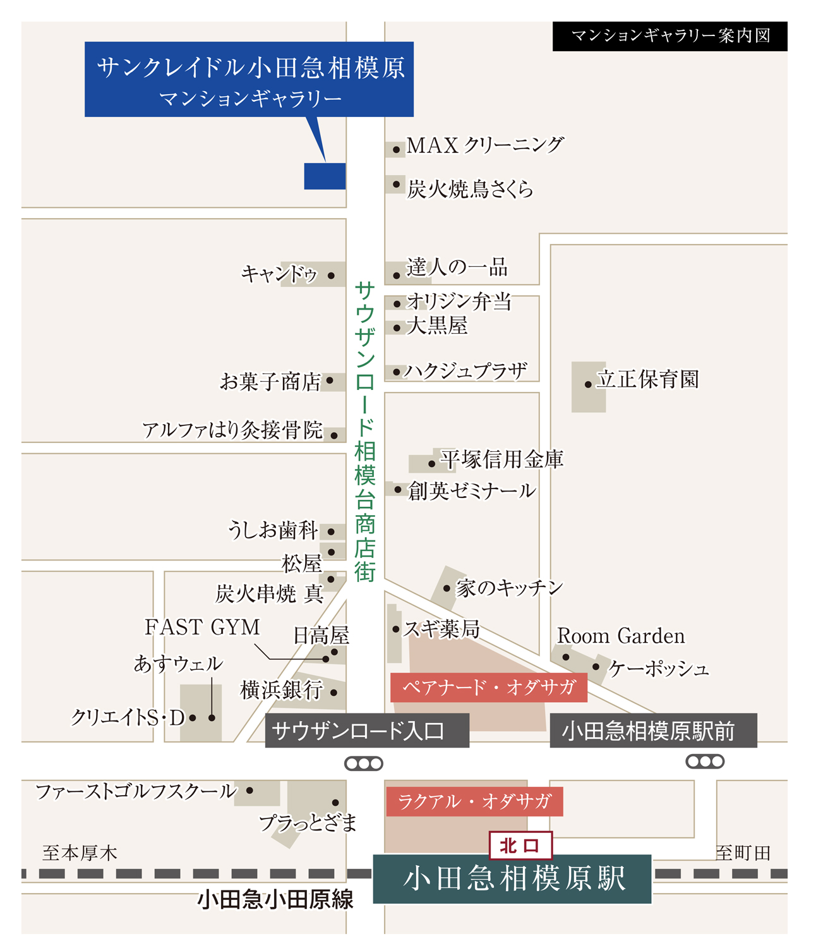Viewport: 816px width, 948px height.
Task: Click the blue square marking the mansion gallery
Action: tap(325, 176)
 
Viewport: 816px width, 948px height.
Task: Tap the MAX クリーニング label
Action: tap(484, 145)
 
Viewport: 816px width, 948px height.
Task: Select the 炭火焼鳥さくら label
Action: tap(470, 189)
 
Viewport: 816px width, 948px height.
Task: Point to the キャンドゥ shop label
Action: tap(279, 274)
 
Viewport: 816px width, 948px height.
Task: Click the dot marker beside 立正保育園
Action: tap(588, 384)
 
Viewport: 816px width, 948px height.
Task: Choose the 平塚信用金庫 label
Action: tap(501, 459)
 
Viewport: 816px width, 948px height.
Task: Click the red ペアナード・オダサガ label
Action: tap(488, 688)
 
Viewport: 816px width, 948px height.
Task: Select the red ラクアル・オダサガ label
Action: tap(474, 802)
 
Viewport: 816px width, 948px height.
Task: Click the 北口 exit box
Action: tap(520, 846)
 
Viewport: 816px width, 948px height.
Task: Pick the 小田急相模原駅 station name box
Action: tap(512, 878)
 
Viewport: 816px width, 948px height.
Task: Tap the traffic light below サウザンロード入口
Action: tap(364, 763)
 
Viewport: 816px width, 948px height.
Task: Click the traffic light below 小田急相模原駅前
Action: tap(705, 762)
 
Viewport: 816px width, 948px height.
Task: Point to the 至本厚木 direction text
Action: tap(80, 853)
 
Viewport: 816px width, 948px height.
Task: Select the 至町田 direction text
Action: tap(743, 853)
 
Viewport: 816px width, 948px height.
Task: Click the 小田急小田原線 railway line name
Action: tap(275, 899)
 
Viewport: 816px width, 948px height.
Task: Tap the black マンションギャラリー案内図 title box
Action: tap(669, 36)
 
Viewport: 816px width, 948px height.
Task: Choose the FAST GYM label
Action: tap(202, 627)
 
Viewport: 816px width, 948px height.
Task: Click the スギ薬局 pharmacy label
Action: tap(441, 629)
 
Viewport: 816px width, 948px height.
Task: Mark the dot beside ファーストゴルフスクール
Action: tap(250, 790)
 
